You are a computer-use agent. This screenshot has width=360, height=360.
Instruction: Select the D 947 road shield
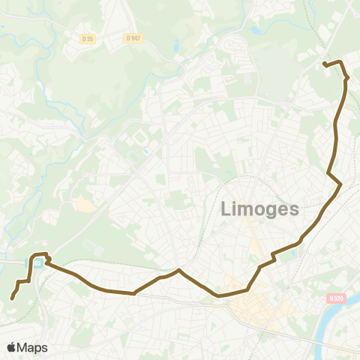click(133, 37)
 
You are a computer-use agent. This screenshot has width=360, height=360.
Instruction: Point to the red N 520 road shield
click(335, 298)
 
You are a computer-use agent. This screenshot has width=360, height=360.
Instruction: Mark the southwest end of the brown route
click(12, 298)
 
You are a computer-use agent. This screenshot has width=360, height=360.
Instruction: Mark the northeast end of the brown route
click(324, 64)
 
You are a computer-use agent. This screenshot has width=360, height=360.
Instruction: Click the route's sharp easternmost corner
click(341, 184)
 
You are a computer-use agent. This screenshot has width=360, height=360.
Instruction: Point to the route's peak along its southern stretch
click(178, 270)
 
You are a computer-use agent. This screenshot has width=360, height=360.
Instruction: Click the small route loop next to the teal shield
click(47, 260)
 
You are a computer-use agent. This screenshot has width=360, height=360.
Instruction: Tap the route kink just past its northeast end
click(346, 77)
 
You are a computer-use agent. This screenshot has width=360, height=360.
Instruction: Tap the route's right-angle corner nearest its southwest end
click(28, 280)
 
